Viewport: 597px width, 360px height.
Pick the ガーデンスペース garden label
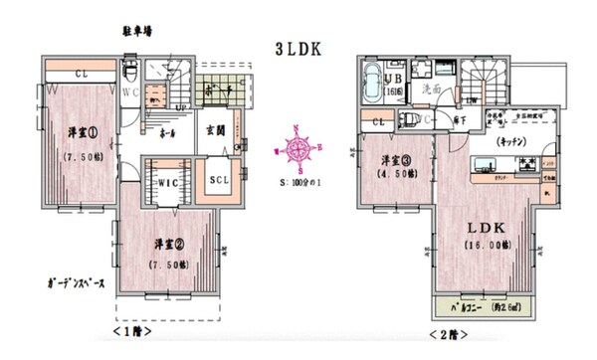tap(63, 282)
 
